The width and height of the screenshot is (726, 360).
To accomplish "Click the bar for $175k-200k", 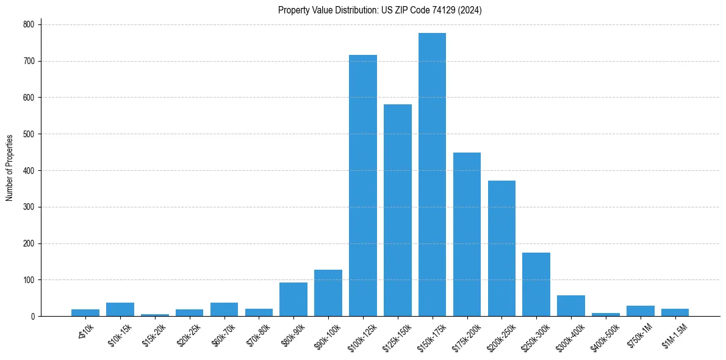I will pos(467,234).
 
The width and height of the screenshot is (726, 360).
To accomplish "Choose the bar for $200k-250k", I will pos(501,248).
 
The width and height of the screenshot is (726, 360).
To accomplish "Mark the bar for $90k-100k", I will pos(328,293).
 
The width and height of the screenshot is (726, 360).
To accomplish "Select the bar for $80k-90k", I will pos(293,299).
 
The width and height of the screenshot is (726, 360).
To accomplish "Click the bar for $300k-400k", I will pos(571,306).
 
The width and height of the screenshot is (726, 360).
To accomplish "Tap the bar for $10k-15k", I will pos(120,309).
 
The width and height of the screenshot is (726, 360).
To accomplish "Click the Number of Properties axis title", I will pos(10,168).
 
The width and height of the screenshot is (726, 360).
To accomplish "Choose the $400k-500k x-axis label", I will pos(605,334).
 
